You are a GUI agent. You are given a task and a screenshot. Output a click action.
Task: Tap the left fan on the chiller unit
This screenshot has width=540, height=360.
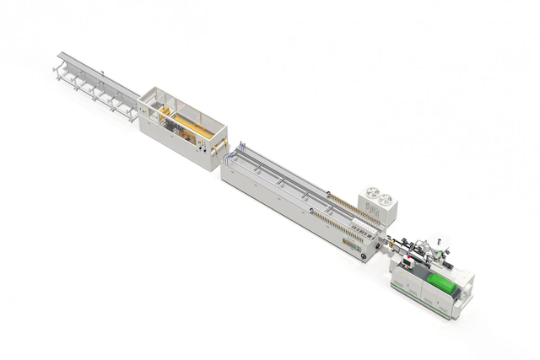(x=370, y=196)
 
